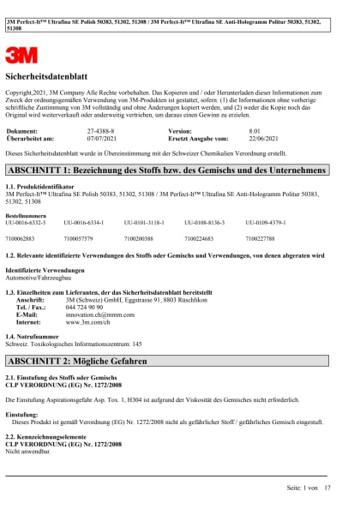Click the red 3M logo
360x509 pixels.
[21, 56]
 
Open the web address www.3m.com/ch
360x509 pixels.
[88, 322]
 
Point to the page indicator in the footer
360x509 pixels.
[309, 488]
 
